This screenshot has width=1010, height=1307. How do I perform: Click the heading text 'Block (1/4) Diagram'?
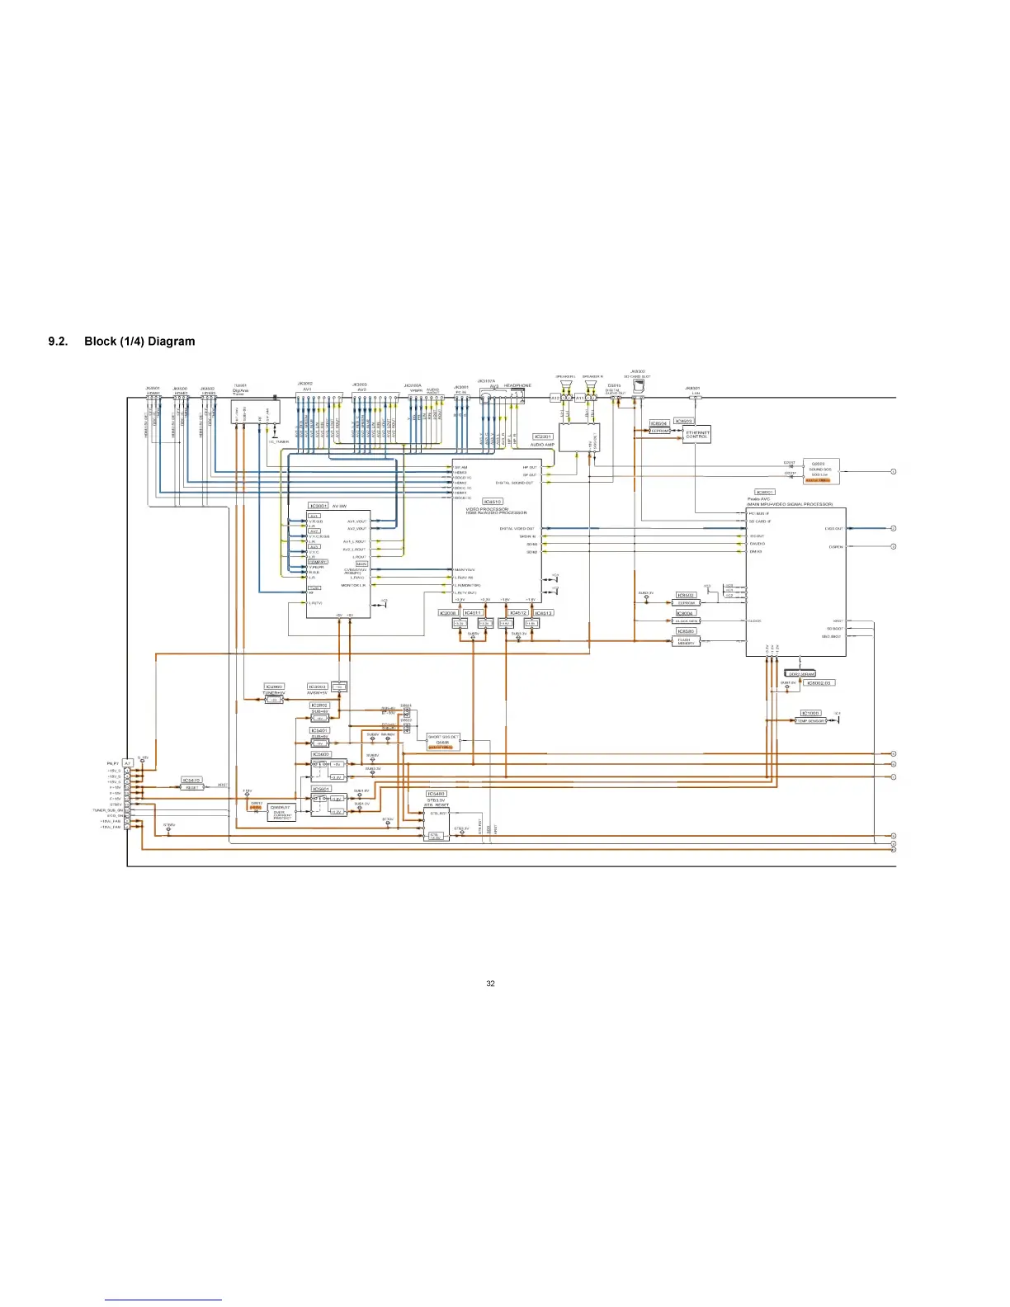[139, 342]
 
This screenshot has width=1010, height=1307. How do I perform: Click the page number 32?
[490, 984]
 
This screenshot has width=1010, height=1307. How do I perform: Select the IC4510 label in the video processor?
[492, 502]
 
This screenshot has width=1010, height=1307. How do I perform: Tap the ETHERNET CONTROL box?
[696, 434]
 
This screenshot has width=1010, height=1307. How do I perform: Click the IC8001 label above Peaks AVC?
[765, 492]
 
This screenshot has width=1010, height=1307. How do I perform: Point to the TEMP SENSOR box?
[810, 721]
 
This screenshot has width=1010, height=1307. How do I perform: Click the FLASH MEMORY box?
[685, 641]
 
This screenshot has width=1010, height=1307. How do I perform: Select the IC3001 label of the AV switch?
[319, 506]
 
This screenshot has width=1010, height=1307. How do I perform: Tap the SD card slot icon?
[638, 384]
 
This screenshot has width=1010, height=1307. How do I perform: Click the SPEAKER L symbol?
[566, 385]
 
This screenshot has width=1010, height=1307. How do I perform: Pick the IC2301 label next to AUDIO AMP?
[542, 436]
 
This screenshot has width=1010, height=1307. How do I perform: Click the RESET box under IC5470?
[191, 787]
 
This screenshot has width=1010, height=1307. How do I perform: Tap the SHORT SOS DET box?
[443, 739]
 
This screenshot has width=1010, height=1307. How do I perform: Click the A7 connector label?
[128, 763]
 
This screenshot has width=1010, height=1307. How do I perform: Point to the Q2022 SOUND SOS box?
[820, 471]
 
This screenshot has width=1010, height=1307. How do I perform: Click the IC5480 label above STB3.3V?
[436, 794]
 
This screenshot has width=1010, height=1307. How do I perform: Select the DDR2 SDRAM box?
[800, 674]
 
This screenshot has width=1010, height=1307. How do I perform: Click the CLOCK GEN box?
[687, 621]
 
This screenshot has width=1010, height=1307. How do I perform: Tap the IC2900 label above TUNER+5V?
[274, 687]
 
